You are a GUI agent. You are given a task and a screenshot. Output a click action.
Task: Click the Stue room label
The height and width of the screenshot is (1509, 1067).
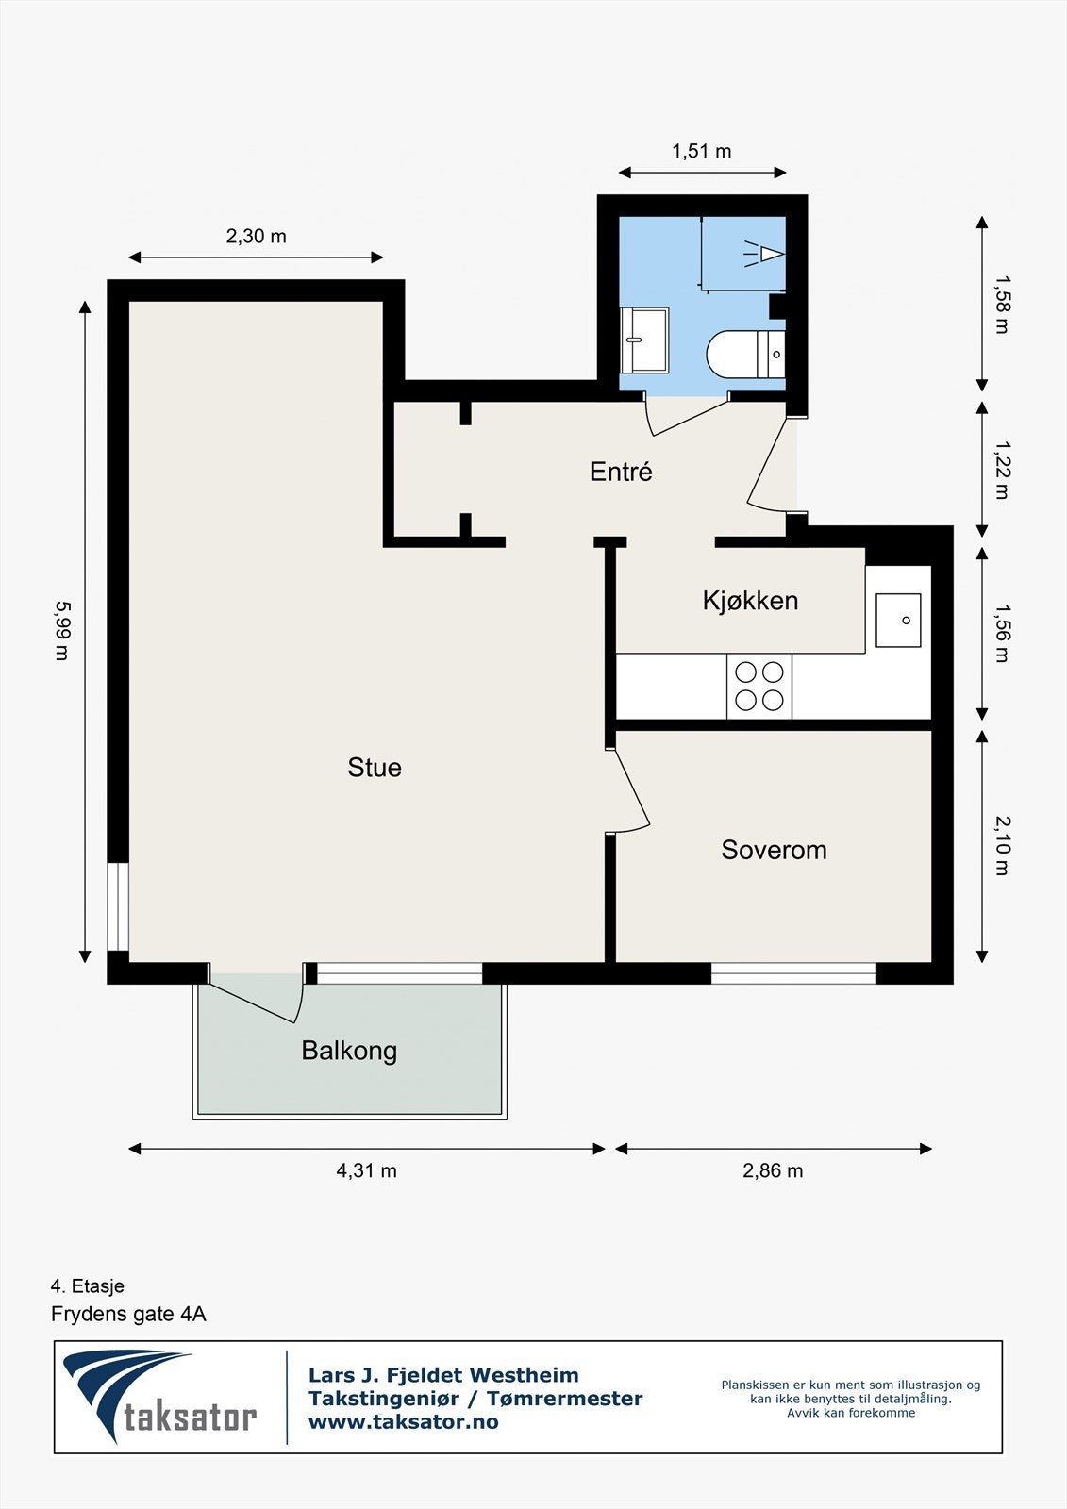coord(375,768)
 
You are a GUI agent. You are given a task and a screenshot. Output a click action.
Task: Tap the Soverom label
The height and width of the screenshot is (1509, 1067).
coord(774,850)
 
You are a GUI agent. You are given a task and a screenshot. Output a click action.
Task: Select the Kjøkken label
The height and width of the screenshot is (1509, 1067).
coord(750,600)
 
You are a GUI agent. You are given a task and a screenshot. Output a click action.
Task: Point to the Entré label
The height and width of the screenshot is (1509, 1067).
coord(621,472)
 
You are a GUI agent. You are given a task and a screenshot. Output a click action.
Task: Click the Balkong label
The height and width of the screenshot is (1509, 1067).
coord(349,1051)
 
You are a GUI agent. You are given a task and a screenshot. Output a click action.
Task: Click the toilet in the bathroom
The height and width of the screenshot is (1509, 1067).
coord(745,355)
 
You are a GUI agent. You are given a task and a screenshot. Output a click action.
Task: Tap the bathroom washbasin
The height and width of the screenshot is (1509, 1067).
coord(644,340)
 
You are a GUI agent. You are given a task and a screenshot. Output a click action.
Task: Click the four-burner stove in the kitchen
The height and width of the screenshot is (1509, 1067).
coord(759,687)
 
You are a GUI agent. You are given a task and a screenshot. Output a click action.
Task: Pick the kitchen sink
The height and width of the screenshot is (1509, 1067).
coord(898,620)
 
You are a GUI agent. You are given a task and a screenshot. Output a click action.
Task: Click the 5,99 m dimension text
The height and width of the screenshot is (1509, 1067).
coord(62,631)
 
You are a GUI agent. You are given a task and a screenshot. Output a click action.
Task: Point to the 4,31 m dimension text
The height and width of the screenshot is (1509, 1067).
coord(367,1170)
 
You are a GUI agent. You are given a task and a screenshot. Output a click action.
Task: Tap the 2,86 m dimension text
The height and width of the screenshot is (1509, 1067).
coord(773,1170)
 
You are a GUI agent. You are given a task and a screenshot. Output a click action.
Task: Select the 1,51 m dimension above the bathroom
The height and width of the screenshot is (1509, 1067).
coord(702,151)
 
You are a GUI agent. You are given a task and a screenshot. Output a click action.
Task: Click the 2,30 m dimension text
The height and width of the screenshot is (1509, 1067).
coord(256,237)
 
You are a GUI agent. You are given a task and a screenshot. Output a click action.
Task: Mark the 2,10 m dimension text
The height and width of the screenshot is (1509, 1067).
coord(1002,845)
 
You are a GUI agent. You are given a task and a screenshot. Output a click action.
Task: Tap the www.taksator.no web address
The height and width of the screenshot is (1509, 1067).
coord(404,1421)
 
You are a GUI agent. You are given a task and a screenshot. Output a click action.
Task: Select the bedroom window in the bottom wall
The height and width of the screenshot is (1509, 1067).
coord(794,973)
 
